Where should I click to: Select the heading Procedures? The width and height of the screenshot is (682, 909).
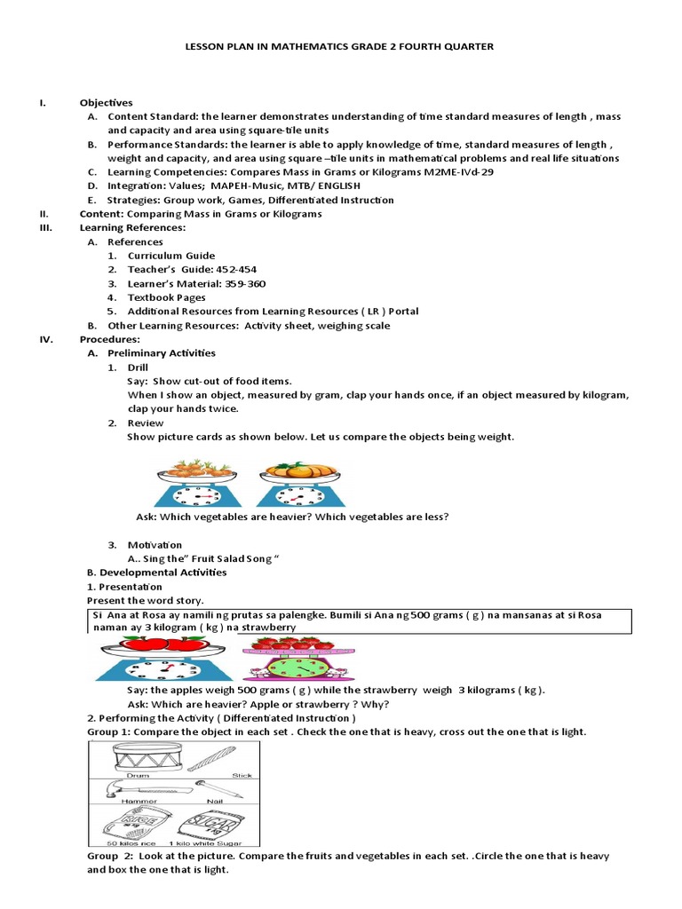tap(110, 339)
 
